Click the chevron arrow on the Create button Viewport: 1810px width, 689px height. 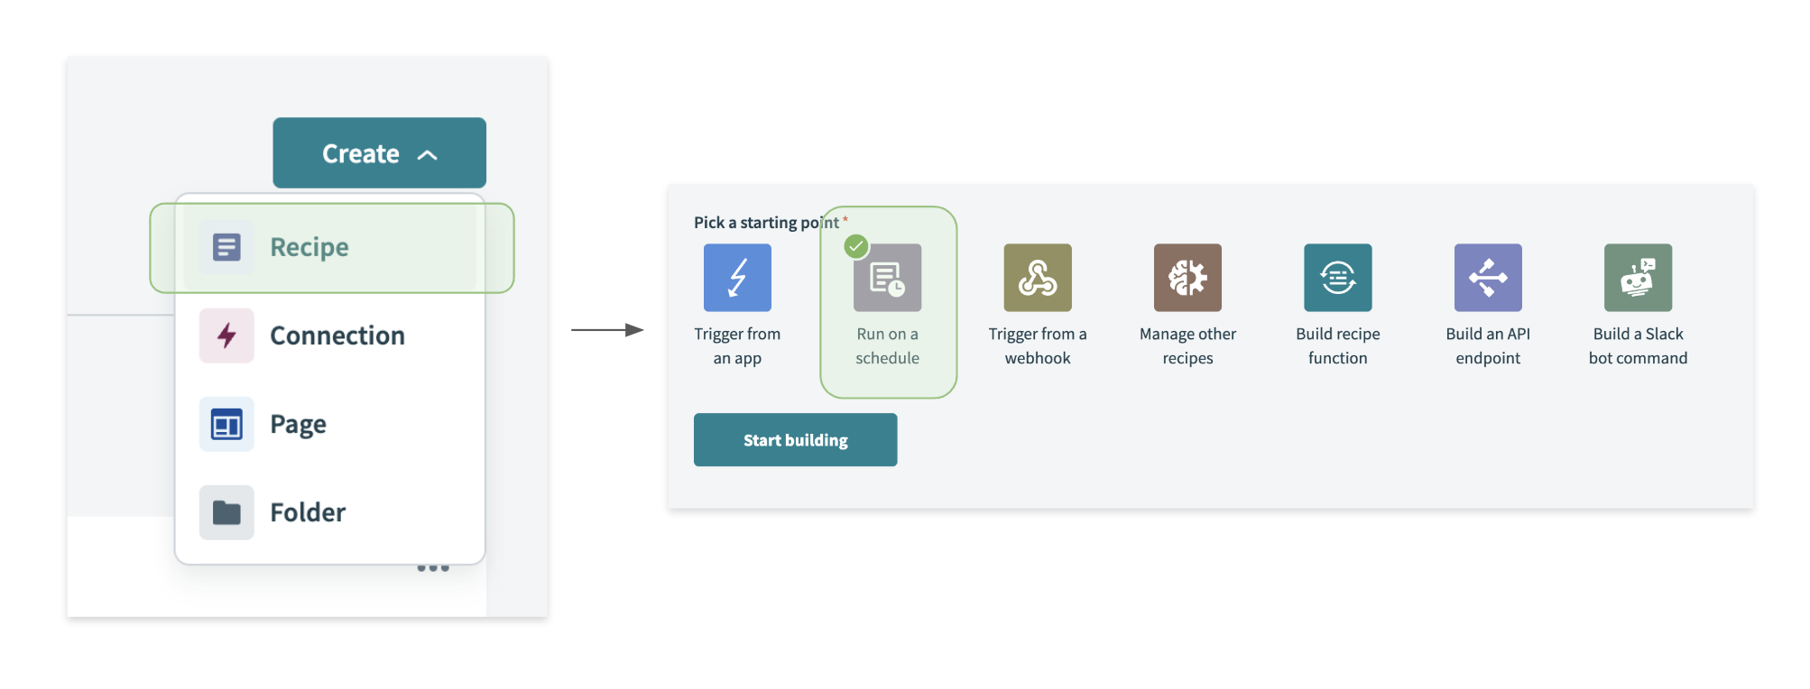(x=428, y=155)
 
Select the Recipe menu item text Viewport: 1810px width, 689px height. (x=309, y=247)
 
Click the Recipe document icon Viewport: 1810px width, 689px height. (x=226, y=247)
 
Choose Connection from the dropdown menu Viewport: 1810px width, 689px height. (x=337, y=335)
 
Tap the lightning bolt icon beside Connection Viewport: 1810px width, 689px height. (x=226, y=335)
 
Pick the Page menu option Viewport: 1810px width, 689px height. (x=298, y=424)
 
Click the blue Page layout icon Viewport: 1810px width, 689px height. (x=226, y=424)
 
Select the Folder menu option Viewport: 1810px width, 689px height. (x=308, y=512)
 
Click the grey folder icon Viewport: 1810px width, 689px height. (x=226, y=512)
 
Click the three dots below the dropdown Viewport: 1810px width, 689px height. (x=433, y=568)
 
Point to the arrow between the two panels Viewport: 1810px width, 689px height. (x=607, y=330)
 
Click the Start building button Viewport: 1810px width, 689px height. (x=795, y=440)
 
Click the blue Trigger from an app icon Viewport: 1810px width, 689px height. (x=737, y=278)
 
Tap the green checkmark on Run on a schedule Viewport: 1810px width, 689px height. (x=856, y=245)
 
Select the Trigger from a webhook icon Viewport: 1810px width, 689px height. (x=1038, y=278)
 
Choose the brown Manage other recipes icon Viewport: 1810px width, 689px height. (x=1187, y=278)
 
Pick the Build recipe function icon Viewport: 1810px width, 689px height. (x=1337, y=278)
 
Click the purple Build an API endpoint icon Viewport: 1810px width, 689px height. (x=1488, y=278)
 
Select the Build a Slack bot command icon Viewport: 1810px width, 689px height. (x=1638, y=278)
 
